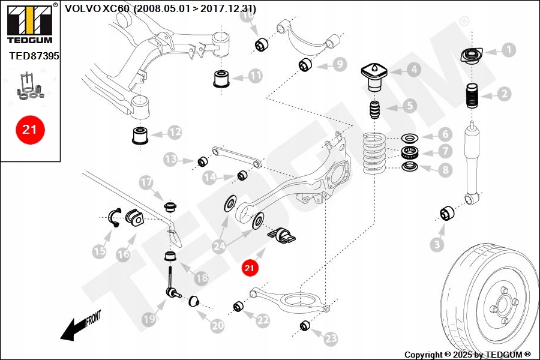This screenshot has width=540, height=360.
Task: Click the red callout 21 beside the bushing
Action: [x=250, y=268]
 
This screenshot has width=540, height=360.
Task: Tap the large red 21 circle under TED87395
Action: [x=30, y=128]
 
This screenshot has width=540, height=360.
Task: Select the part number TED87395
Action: [x=34, y=56]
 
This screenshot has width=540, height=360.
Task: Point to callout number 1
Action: [x=509, y=50]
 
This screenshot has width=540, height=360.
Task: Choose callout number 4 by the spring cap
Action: [x=414, y=70]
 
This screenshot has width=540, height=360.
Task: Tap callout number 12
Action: [x=175, y=131]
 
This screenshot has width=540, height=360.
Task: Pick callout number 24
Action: [x=220, y=245]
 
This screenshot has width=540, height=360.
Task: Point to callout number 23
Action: [x=331, y=338]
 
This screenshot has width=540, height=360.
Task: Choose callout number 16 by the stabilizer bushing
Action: [x=123, y=254]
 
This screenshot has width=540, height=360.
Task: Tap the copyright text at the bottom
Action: [x=467, y=355]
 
